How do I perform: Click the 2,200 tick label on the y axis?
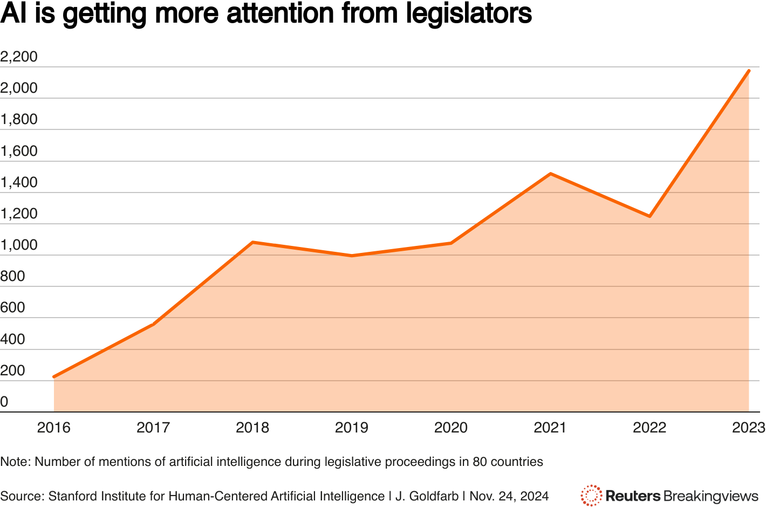pyautogui.click(x=19, y=57)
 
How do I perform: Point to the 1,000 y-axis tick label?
pyautogui.click(x=19, y=245)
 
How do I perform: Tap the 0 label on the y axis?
pyautogui.click(x=4, y=402)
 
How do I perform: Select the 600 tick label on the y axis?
pyautogui.click(x=12, y=307)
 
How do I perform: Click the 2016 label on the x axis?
pyautogui.click(x=54, y=428)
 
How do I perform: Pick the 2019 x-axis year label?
pyautogui.click(x=352, y=428)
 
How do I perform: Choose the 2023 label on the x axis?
pyautogui.click(x=749, y=428)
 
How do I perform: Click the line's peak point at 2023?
pyautogui.click(x=749, y=71)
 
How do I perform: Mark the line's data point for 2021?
pyautogui.click(x=550, y=174)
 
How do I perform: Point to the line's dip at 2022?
pyautogui.click(x=649, y=216)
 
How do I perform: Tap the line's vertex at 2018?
pyautogui.click(x=252, y=242)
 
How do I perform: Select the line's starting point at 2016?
pyautogui.click(x=54, y=377)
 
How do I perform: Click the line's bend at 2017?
pyautogui.click(x=154, y=324)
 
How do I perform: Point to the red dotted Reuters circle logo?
pyautogui.click(x=591, y=496)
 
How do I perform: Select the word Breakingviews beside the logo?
pyautogui.click(x=711, y=496)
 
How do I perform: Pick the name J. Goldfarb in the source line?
pyautogui.click(x=427, y=496)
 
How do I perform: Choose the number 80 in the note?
pyautogui.click(x=479, y=462)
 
